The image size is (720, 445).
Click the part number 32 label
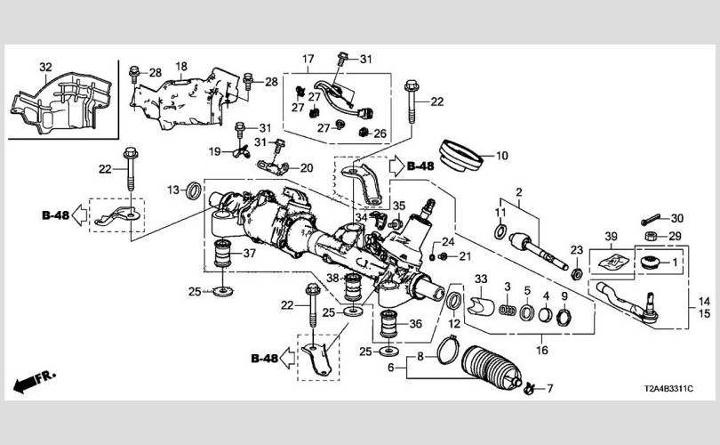tap(45, 67)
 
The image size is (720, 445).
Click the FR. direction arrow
tap(36, 381)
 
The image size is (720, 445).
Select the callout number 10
tap(501, 156)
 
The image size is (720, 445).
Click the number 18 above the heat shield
tap(180, 67)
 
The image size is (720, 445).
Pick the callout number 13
tap(172, 189)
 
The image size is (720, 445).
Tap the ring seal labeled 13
tap(192, 190)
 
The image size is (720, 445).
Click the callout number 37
tap(249, 253)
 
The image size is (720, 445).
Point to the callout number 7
tap(548, 388)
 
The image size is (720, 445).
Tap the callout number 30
tap(676, 218)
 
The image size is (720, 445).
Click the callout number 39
tap(611, 235)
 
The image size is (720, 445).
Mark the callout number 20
tap(307, 168)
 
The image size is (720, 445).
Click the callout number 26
tap(380, 134)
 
